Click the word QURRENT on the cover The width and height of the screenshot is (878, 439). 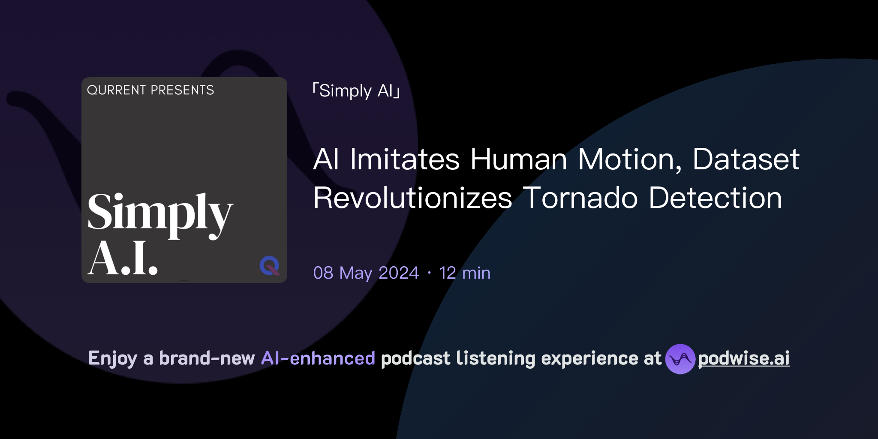point(117,90)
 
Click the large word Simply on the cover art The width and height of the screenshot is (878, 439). point(160,213)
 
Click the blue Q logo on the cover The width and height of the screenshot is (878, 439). point(270,265)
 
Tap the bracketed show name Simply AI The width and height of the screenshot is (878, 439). point(356,91)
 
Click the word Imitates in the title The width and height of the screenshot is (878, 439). point(405,159)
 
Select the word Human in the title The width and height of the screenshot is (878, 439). point(519,159)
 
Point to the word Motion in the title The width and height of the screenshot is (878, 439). point(629,159)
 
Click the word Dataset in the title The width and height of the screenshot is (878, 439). point(746,159)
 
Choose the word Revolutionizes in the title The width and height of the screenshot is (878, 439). point(412,198)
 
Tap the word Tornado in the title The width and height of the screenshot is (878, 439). point(580,198)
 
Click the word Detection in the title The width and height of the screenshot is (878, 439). point(716,198)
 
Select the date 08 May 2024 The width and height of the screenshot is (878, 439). point(366,273)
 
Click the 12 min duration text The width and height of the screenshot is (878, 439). point(465,273)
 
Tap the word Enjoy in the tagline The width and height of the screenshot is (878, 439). point(113,358)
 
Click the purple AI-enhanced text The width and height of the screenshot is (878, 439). point(318,358)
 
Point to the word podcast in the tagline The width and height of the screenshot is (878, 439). point(415,358)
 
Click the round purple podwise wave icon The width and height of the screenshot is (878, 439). point(680,359)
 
